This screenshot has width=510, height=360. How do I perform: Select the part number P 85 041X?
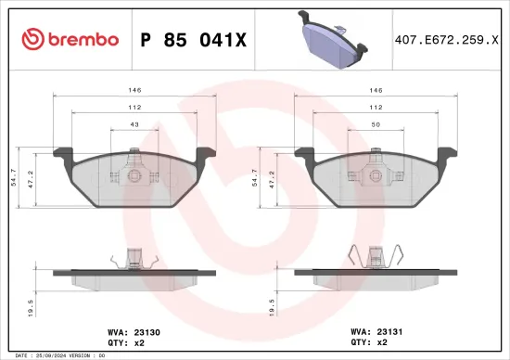point(193,39)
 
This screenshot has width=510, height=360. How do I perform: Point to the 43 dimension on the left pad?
point(134,124)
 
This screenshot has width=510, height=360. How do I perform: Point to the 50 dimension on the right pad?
point(376,124)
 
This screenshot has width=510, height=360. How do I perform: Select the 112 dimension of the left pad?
point(134,108)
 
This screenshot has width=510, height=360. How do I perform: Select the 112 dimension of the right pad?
point(376,108)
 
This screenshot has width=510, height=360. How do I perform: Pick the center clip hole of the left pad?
point(135,175)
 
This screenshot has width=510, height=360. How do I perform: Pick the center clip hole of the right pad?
point(376,175)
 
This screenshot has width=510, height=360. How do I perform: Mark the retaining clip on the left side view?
point(134,256)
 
